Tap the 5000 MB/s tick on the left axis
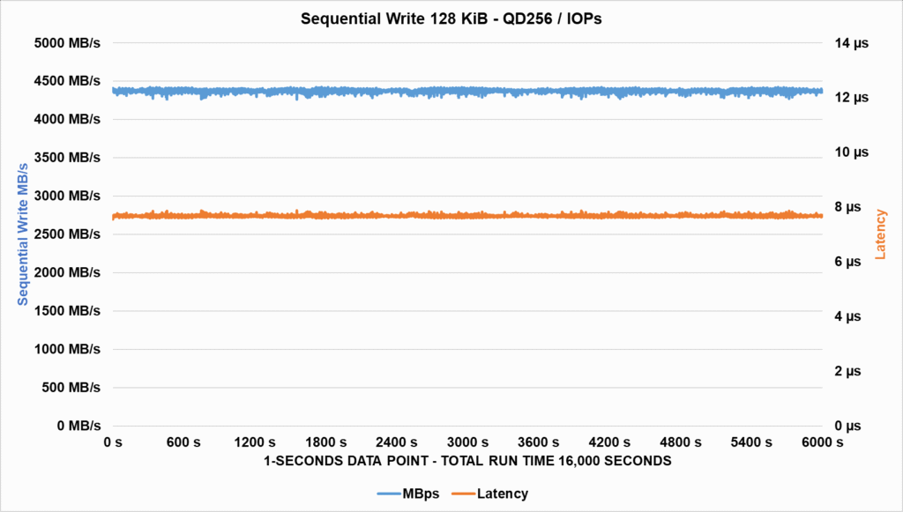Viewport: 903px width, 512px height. [x=67, y=42]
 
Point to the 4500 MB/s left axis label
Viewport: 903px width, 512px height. [x=67, y=81]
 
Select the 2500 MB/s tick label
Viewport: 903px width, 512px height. [x=67, y=234]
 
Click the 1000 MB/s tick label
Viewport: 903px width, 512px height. [x=67, y=349]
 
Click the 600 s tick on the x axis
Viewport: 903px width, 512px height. [x=183, y=442]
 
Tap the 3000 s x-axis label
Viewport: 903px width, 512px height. [x=467, y=442]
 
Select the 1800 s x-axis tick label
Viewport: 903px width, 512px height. [x=325, y=442]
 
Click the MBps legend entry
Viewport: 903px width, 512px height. [x=410, y=493]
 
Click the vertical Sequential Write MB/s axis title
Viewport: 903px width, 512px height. [x=24, y=234]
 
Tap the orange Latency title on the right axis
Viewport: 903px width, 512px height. [x=880, y=234]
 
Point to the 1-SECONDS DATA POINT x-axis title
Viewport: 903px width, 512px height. [x=467, y=461]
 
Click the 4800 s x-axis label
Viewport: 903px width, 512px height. [x=680, y=442]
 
